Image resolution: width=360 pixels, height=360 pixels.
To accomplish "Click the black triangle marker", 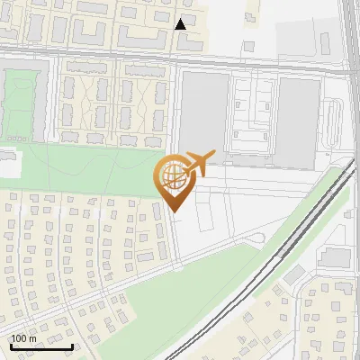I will pos(181,24).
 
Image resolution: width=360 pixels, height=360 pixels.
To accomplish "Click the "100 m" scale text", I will pos(23,338).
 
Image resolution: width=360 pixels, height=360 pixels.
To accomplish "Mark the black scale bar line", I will pos(40,346).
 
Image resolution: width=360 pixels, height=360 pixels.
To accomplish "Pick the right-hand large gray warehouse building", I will pos(298,121).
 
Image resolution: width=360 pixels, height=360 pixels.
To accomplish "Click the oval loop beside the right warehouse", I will pos(335,125).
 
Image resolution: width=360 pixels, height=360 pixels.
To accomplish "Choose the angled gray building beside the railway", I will pos(294,274).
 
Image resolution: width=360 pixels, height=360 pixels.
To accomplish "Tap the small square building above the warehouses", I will pos(247,45).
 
